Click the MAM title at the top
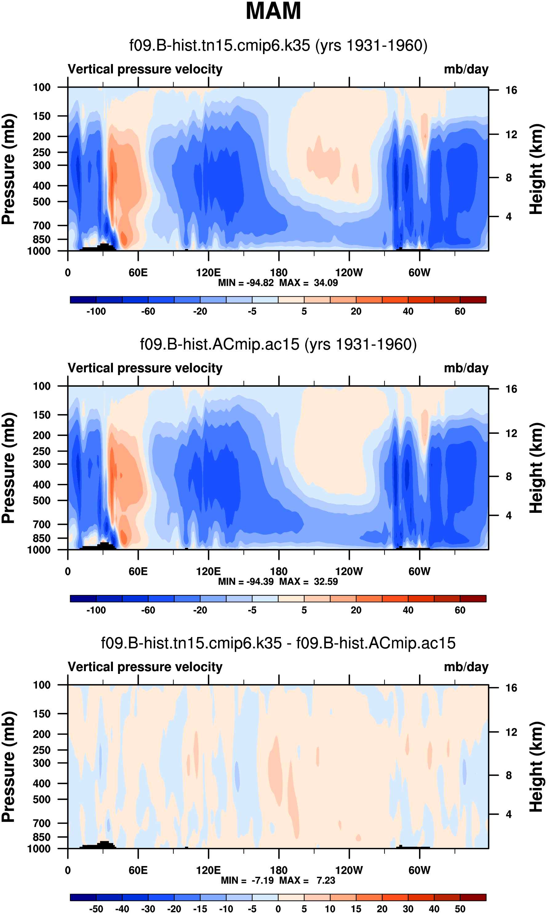click(273, 11)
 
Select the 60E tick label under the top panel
click(138, 273)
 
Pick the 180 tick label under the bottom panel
click(279, 871)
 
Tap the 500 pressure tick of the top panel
click(42, 202)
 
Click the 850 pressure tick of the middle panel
click(42, 538)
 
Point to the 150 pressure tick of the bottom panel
click(42, 714)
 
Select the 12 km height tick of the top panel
click(511, 135)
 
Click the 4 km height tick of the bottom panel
click(509, 814)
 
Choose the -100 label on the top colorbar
click(96, 311)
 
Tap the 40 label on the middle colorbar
click(408, 610)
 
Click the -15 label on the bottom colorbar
click(200, 909)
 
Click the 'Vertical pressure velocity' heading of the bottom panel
click(145, 667)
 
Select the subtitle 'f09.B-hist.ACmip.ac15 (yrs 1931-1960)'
click(278, 344)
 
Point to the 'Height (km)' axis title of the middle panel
click(536, 468)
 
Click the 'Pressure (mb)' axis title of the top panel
click(8, 169)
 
